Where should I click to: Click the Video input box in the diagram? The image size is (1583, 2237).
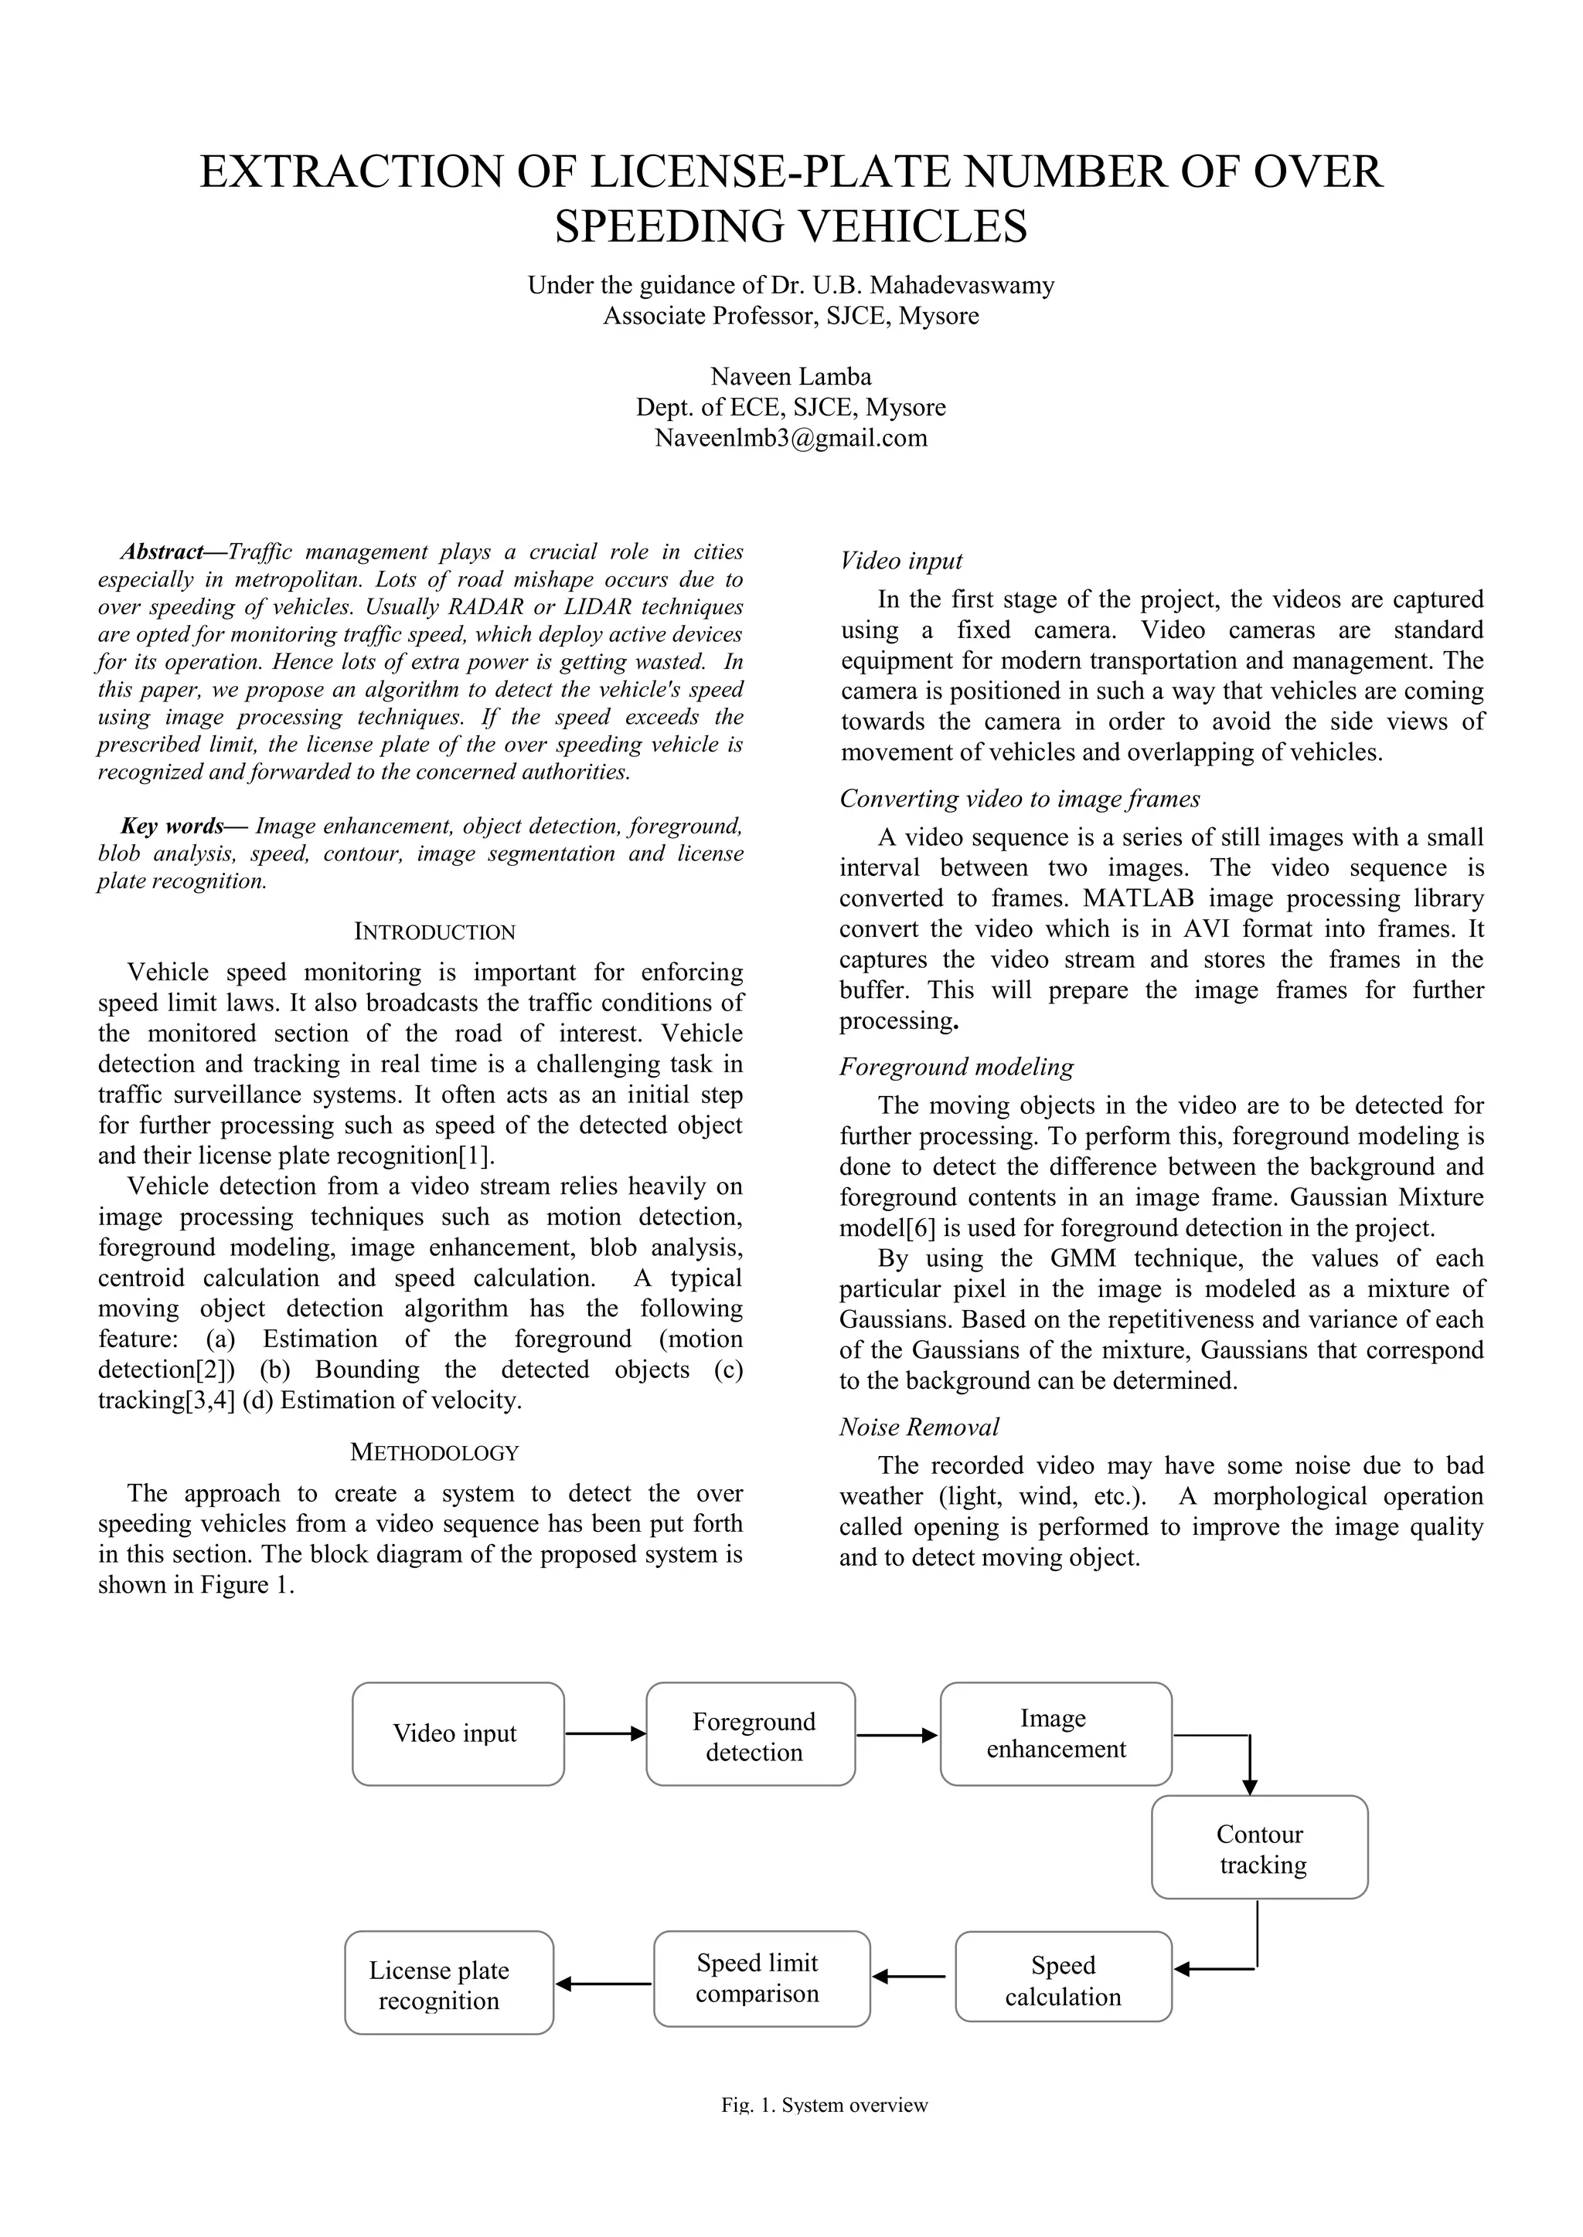(457, 1733)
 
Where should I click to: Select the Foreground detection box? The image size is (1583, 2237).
(751, 1733)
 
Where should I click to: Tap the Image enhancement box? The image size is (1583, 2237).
(1056, 1733)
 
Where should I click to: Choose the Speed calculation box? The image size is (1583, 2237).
(1063, 1981)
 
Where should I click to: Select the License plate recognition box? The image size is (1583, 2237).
(448, 1984)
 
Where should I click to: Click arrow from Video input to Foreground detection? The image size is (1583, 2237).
(604, 1733)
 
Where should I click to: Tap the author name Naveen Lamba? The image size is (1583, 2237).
(791, 376)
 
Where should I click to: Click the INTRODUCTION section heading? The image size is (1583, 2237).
(434, 932)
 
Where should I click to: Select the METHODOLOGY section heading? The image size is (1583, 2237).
(434, 1453)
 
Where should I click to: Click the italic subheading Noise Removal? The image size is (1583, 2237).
(919, 1427)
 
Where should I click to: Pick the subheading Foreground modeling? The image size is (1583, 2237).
(956, 1067)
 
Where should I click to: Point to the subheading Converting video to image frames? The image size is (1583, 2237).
(1020, 799)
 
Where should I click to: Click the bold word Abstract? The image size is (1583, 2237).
(162, 552)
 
